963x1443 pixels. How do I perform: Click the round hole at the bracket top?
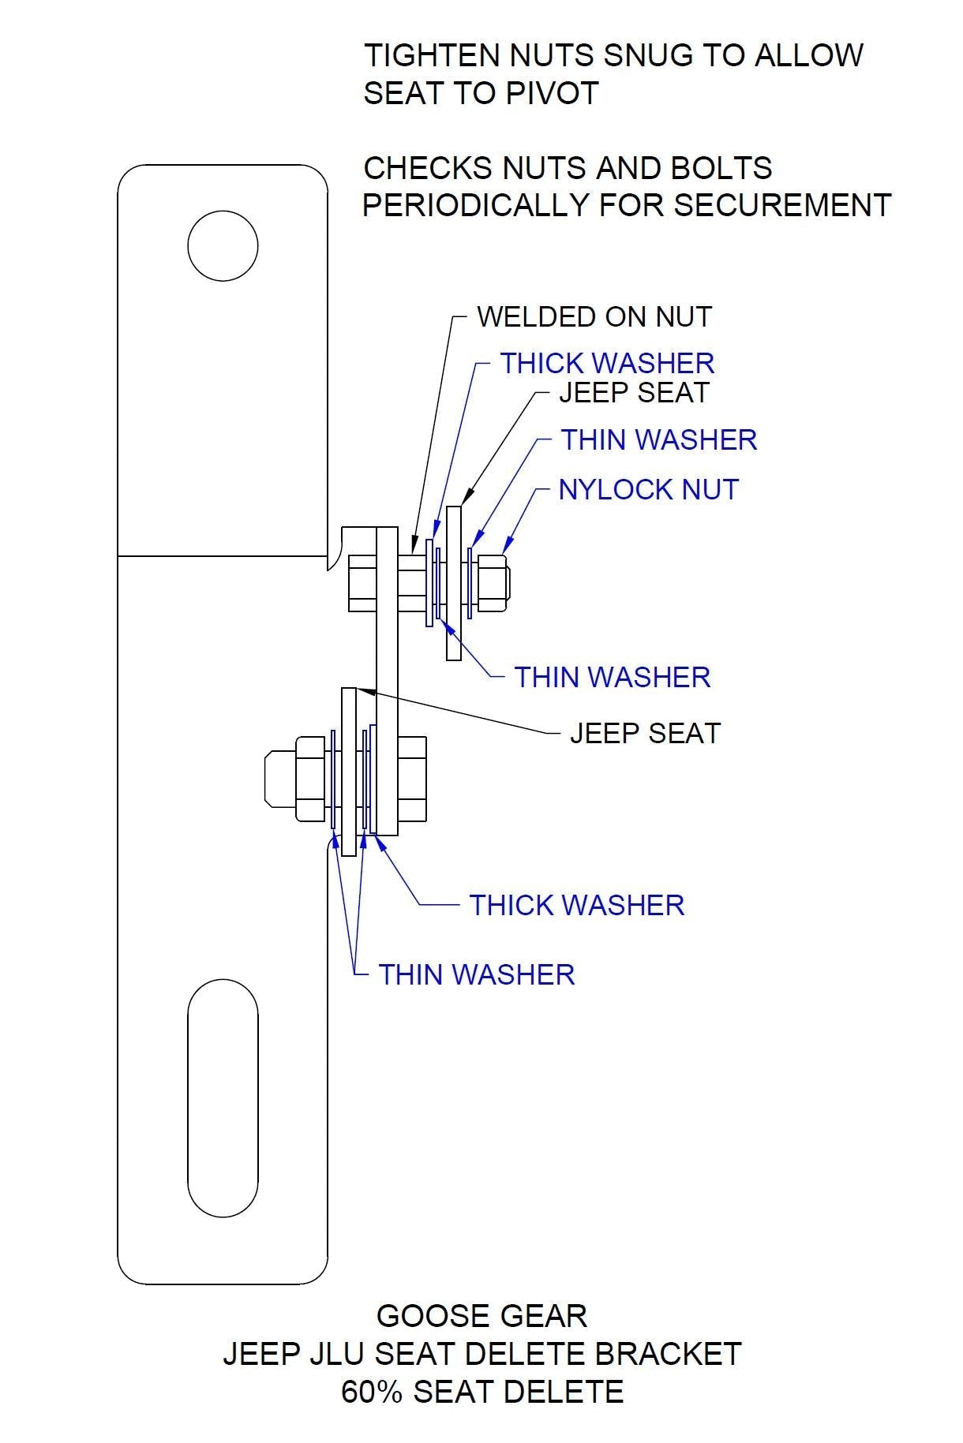click(223, 245)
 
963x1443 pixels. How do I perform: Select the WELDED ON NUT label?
click(594, 317)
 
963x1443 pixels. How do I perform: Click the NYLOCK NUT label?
click(648, 490)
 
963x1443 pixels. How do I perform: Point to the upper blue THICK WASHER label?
click(606, 364)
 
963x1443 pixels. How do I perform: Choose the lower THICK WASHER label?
click(576, 905)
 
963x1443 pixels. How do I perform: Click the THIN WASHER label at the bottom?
click(476, 975)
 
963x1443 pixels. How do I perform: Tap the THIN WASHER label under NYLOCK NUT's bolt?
click(612, 678)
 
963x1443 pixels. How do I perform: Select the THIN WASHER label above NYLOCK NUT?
click(658, 440)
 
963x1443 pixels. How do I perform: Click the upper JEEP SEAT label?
click(634, 393)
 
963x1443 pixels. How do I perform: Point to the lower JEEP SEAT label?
click(645, 734)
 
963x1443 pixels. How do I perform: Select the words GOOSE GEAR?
click(481, 1316)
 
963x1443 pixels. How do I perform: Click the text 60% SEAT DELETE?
click(481, 1392)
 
